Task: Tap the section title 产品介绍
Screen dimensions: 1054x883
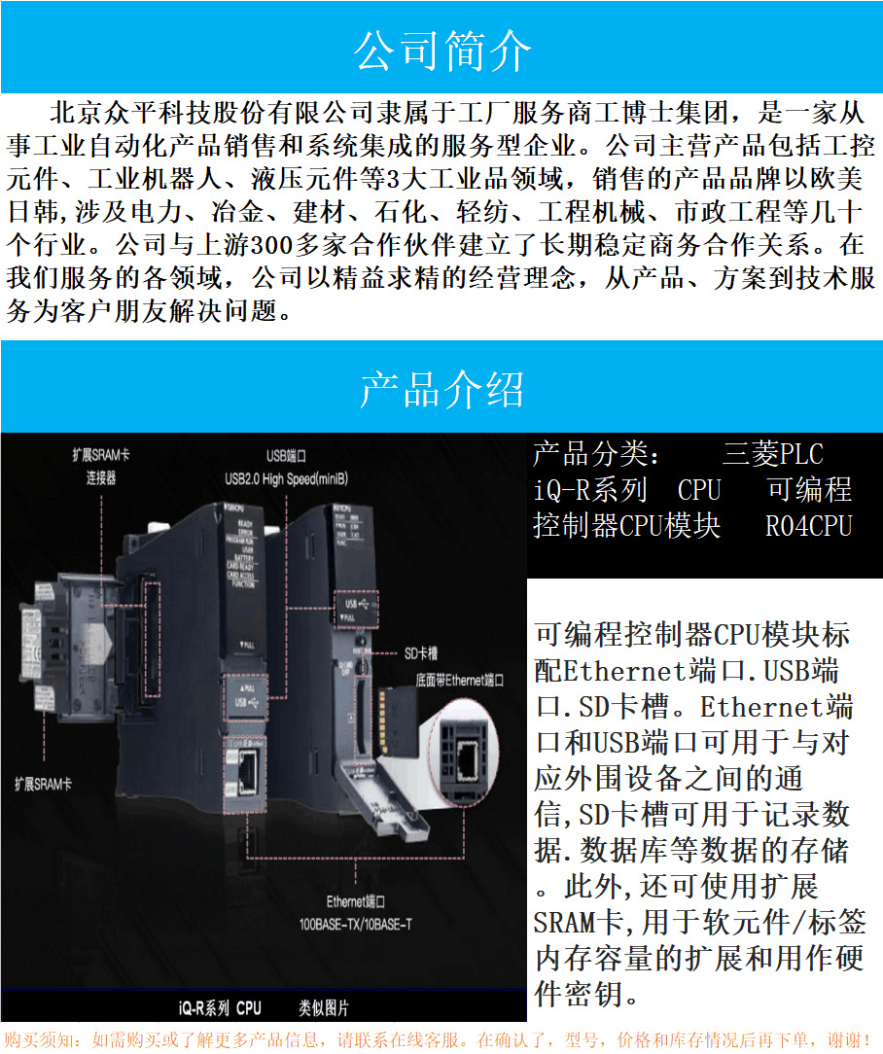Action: pos(442,389)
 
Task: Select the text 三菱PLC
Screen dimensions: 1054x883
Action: pos(772,454)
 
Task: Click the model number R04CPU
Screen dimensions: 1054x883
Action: pos(808,526)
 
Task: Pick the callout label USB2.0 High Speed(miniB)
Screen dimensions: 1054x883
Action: pos(286,477)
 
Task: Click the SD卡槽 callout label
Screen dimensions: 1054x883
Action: pos(424,653)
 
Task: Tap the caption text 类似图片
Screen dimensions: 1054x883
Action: pos(324,1007)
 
